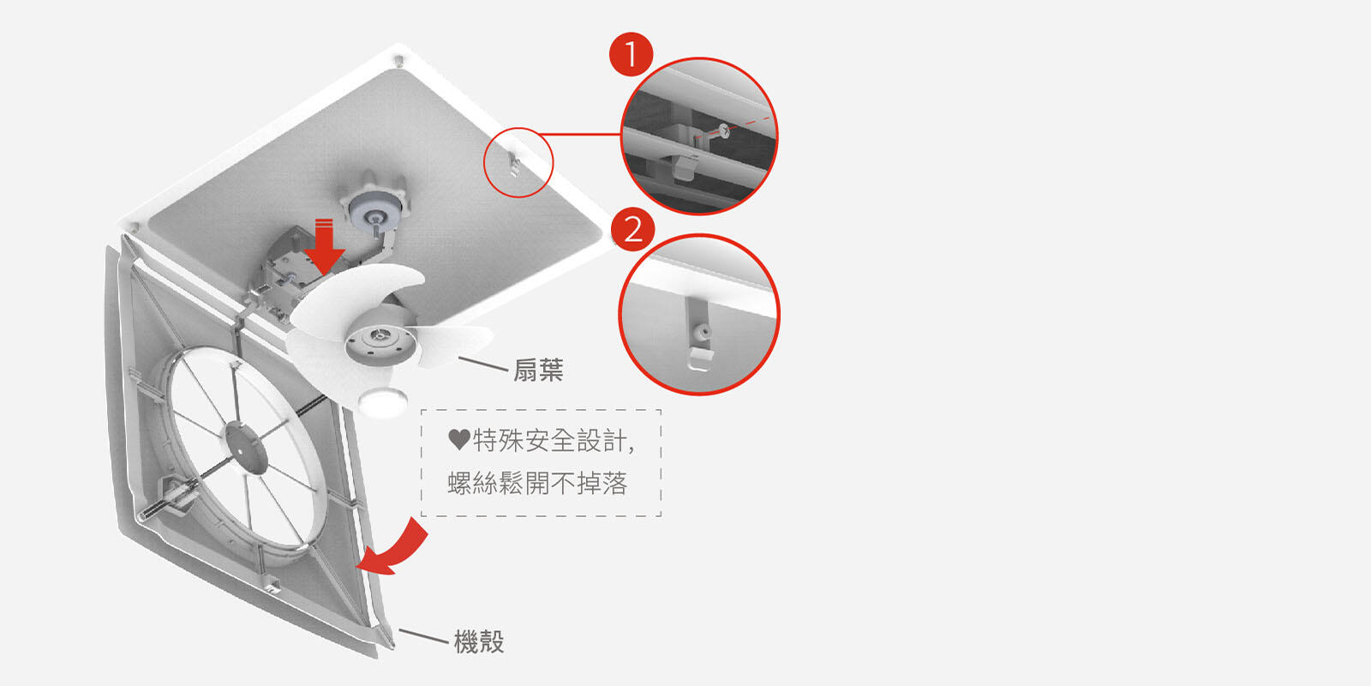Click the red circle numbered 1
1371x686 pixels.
point(631,54)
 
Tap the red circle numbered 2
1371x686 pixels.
point(632,229)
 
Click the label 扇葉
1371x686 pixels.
point(538,370)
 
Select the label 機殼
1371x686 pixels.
point(479,641)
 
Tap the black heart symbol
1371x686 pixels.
point(458,440)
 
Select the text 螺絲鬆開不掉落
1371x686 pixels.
point(537,484)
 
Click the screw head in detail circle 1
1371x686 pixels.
point(726,130)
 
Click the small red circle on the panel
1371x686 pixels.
point(518,162)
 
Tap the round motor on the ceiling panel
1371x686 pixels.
point(375,207)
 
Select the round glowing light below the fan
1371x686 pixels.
point(383,402)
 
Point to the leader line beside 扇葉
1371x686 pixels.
point(484,364)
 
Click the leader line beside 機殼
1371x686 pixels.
point(423,635)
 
